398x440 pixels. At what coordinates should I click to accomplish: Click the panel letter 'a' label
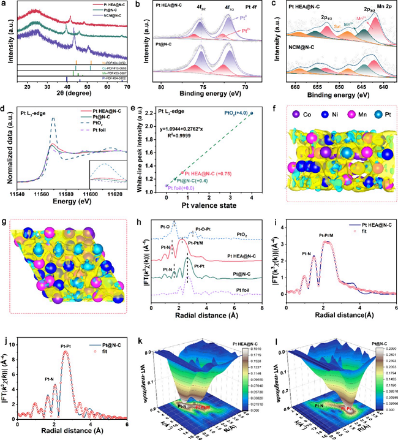pyautogui.click(x=4, y=5)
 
